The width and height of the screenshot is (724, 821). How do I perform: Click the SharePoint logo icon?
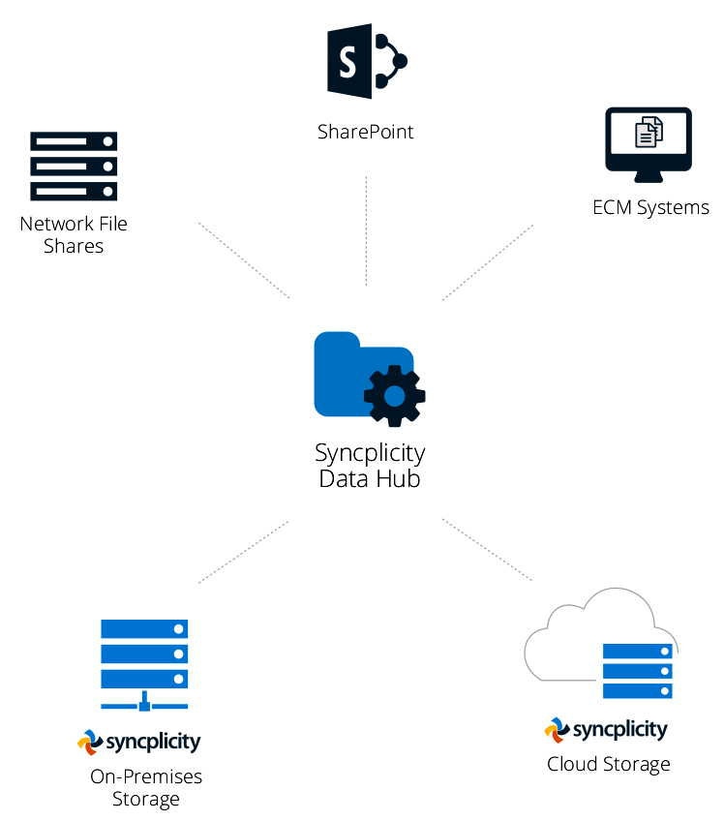pyautogui.click(x=365, y=62)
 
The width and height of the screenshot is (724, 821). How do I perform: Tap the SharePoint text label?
pyautogui.click(x=365, y=131)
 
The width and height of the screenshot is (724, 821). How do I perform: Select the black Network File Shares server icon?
pyautogui.click(x=74, y=166)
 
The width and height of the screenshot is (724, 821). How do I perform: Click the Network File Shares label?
pyautogui.click(x=74, y=234)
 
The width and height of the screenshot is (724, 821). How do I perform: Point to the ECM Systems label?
pyautogui.click(x=650, y=207)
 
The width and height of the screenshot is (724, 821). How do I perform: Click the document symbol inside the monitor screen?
pyautogui.click(x=649, y=133)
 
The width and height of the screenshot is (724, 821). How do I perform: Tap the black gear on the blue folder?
pyautogui.click(x=394, y=395)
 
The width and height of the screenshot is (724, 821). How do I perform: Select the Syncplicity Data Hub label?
pyautogui.click(x=370, y=465)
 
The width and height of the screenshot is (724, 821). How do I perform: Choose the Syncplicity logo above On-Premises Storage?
pyautogui.click(x=139, y=743)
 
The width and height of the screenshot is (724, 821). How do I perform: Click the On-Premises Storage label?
pyautogui.click(x=146, y=787)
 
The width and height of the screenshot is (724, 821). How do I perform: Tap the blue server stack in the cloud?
pyautogui.click(x=637, y=671)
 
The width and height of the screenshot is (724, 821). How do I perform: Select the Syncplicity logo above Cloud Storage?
pyautogui.click(x=606, y=729)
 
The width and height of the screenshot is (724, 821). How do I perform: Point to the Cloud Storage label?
pyautogui.click(x=608, y=764)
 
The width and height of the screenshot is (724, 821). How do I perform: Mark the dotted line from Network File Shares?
pyautogui.click(x=244, y=259)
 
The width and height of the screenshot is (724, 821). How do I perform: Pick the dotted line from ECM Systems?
pyautogui.click(x=487, y=262)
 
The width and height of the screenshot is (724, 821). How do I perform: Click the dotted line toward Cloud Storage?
pyautogui.click(x=487, y=549)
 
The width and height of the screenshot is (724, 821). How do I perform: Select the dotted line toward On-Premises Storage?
pyautogui.click(x=244, y=551)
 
